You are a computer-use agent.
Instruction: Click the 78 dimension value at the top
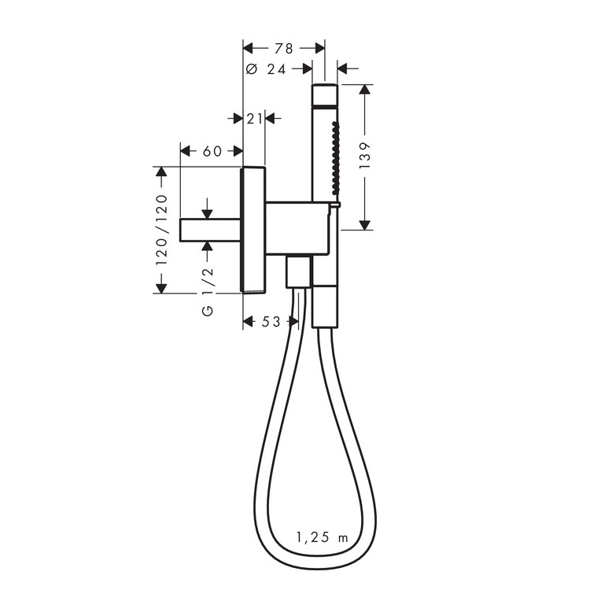coord(284,49)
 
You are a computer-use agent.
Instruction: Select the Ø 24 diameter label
coord(266,69)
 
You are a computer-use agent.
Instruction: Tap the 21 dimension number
coord(254,119)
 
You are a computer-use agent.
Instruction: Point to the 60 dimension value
coord(212,151)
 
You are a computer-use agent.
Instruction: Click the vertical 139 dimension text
coord(364,156)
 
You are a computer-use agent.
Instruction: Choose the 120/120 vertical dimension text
coord(161,230)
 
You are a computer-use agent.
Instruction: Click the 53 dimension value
coord(271,322)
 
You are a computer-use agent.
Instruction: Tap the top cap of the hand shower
coord(325,95)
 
